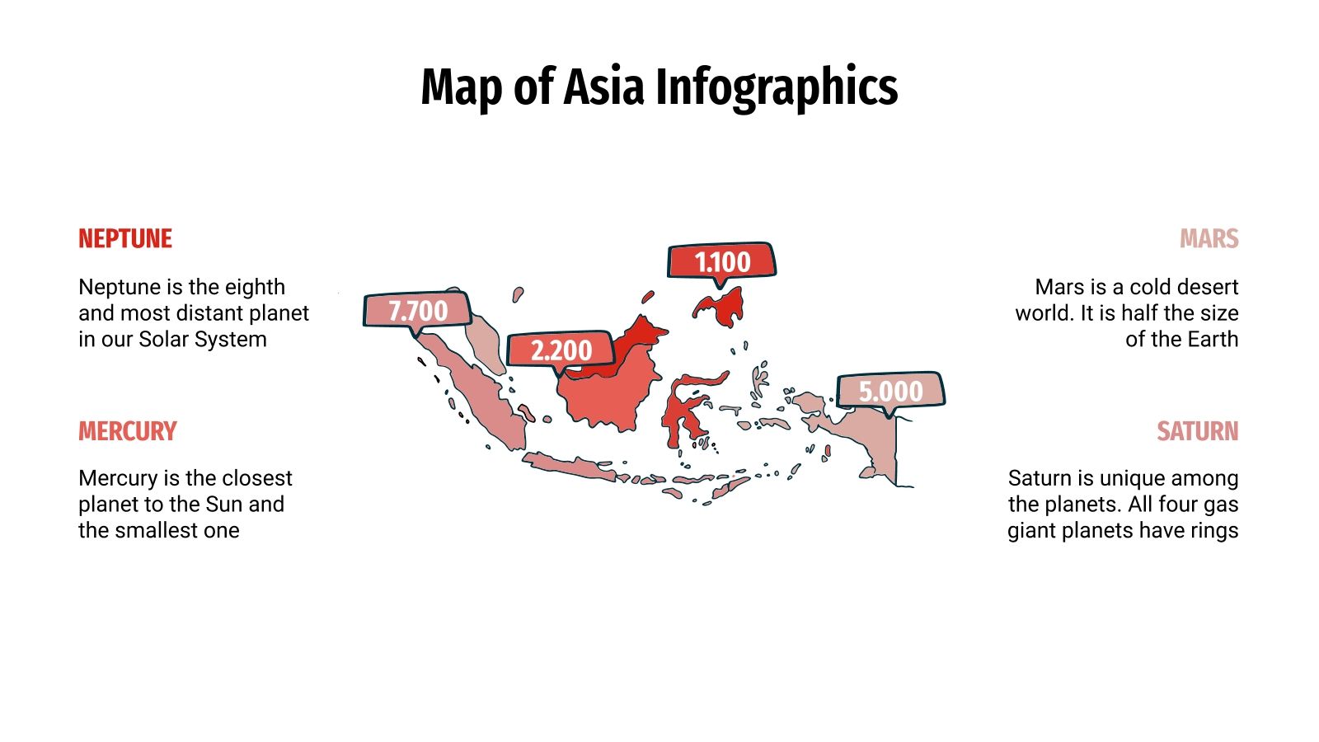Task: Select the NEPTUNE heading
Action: [125, 239]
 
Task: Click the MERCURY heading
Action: [128, 431]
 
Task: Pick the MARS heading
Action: [1209, 239]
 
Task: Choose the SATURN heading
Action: [1197, 431]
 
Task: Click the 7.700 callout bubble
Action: [418, 311]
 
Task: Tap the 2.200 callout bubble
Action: [561, 350]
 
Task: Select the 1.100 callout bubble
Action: [722, 262]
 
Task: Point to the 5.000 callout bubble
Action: [890, 391]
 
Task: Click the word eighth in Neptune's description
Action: [255, 287]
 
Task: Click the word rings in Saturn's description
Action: [1213, 530]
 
